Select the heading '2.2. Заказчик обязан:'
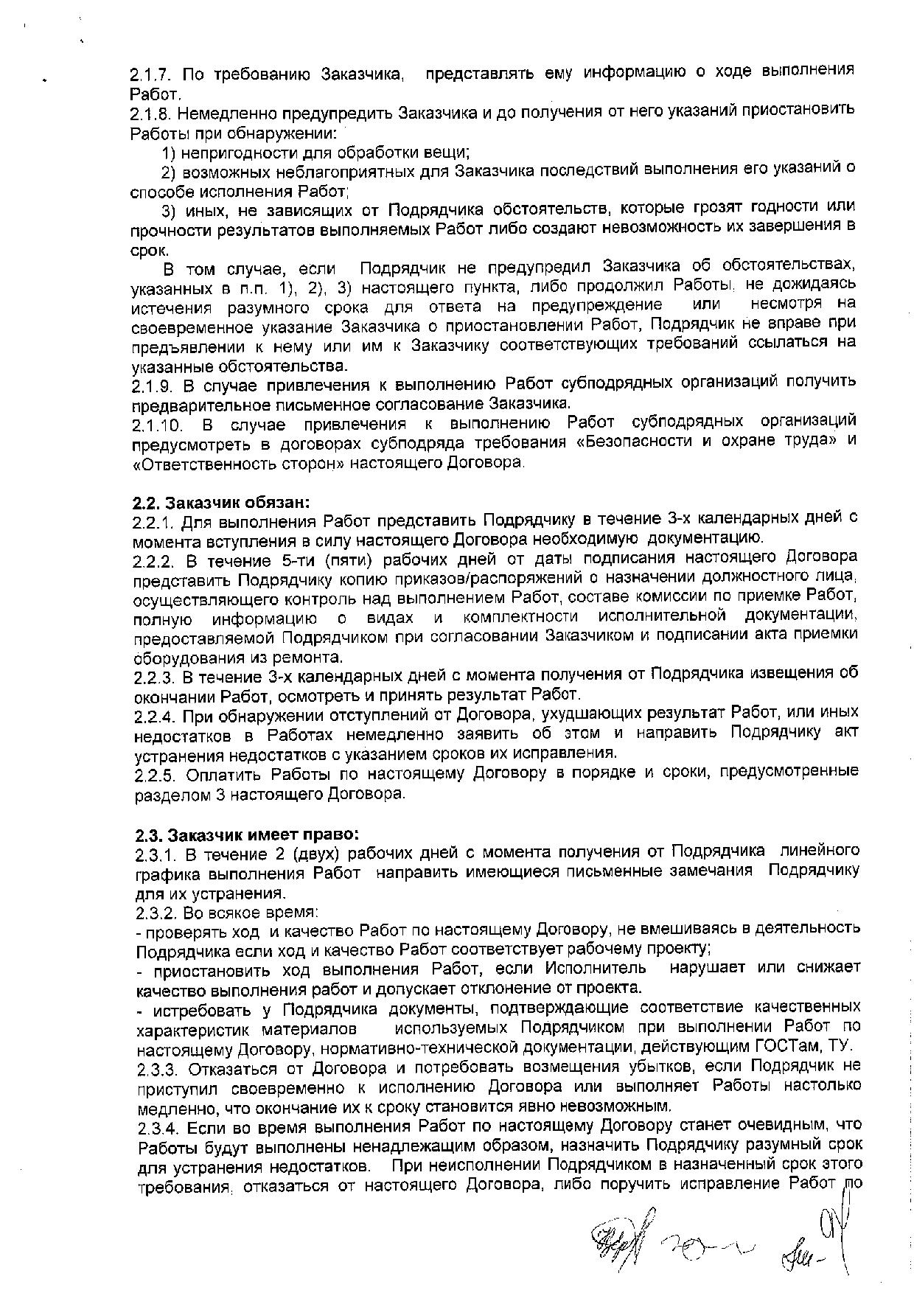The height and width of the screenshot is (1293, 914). pos(221,503)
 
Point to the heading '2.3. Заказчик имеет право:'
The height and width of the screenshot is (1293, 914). pos(247,836)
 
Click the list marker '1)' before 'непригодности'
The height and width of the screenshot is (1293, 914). pos(169,153)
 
